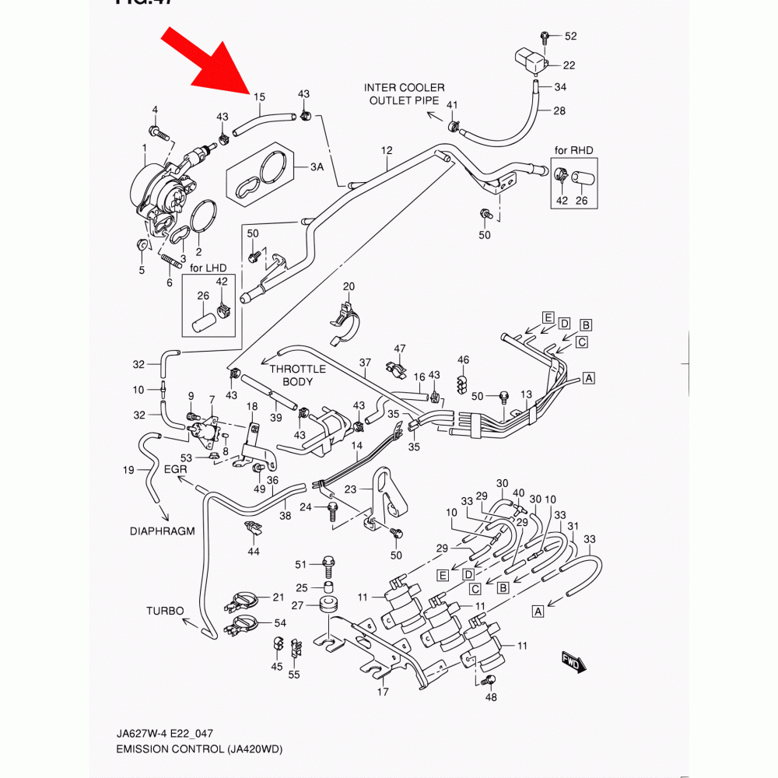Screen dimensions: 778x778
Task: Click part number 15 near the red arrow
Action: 259,97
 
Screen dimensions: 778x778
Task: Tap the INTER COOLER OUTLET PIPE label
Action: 405,94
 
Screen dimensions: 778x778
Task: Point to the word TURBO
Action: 165,611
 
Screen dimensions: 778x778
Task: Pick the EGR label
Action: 176,469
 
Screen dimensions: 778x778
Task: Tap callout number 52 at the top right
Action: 571,37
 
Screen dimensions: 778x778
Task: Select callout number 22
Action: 569,65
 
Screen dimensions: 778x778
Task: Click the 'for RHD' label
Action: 573,149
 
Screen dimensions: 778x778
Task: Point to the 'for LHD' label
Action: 208,268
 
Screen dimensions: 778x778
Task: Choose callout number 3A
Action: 317,168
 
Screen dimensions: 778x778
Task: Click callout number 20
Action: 349,287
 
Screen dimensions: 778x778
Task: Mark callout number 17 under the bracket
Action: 382,692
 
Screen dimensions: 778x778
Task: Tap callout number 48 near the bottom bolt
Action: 490,698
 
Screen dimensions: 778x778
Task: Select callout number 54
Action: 280,623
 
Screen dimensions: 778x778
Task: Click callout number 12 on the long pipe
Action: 387,149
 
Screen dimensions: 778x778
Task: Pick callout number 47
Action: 400,348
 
